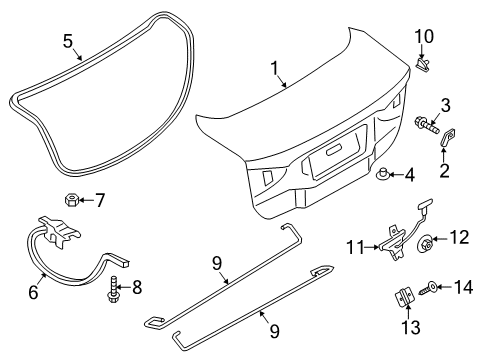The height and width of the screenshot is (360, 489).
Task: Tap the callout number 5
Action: click(x=68, y=41)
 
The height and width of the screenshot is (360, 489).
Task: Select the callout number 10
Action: click(x=425, y=37)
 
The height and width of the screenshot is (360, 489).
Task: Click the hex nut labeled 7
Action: click(x=73, y=200)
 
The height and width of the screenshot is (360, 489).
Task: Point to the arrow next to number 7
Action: click(x=87, y=200)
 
